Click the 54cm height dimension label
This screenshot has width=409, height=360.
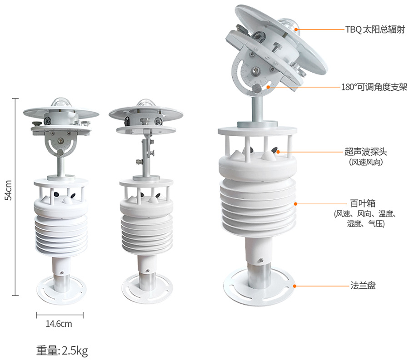tap(9, 190)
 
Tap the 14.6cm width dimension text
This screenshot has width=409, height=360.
tap(59, 324)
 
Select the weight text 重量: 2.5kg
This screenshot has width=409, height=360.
tap(62, 350)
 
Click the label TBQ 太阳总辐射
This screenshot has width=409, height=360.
tap(375, 30)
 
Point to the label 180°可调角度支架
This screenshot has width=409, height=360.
tap(374, 87)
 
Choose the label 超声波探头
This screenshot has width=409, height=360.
tap(366, 152)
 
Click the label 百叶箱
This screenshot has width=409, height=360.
tap(363, 203)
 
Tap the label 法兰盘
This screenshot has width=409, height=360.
tap(363, 286)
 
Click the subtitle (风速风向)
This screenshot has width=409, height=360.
tap(366, 162)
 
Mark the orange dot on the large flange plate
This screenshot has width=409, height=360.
tap(294, 286)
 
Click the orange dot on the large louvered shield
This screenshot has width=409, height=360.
tap(295, 204)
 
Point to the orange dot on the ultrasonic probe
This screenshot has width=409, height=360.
tap(278, 152)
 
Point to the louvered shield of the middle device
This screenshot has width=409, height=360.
tap(147, 234)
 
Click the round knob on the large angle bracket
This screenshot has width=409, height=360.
tap(257, 89)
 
